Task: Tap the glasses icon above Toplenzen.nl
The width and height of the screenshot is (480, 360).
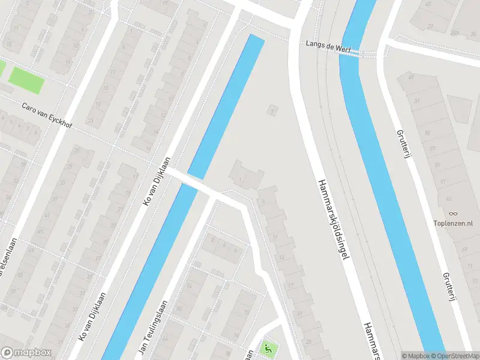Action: pyautogui.click(x=453, y=214)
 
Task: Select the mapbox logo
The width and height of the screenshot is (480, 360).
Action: pyautogui.click(x=26, y=353)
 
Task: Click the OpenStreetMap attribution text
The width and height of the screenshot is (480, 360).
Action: pyautogui.click(x=452, y=356)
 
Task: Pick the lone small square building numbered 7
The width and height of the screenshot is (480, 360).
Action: pyautogui.click(x=274, y=111)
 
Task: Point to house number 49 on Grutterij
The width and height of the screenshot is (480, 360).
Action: pyautogui.click(x=412, y=77)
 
